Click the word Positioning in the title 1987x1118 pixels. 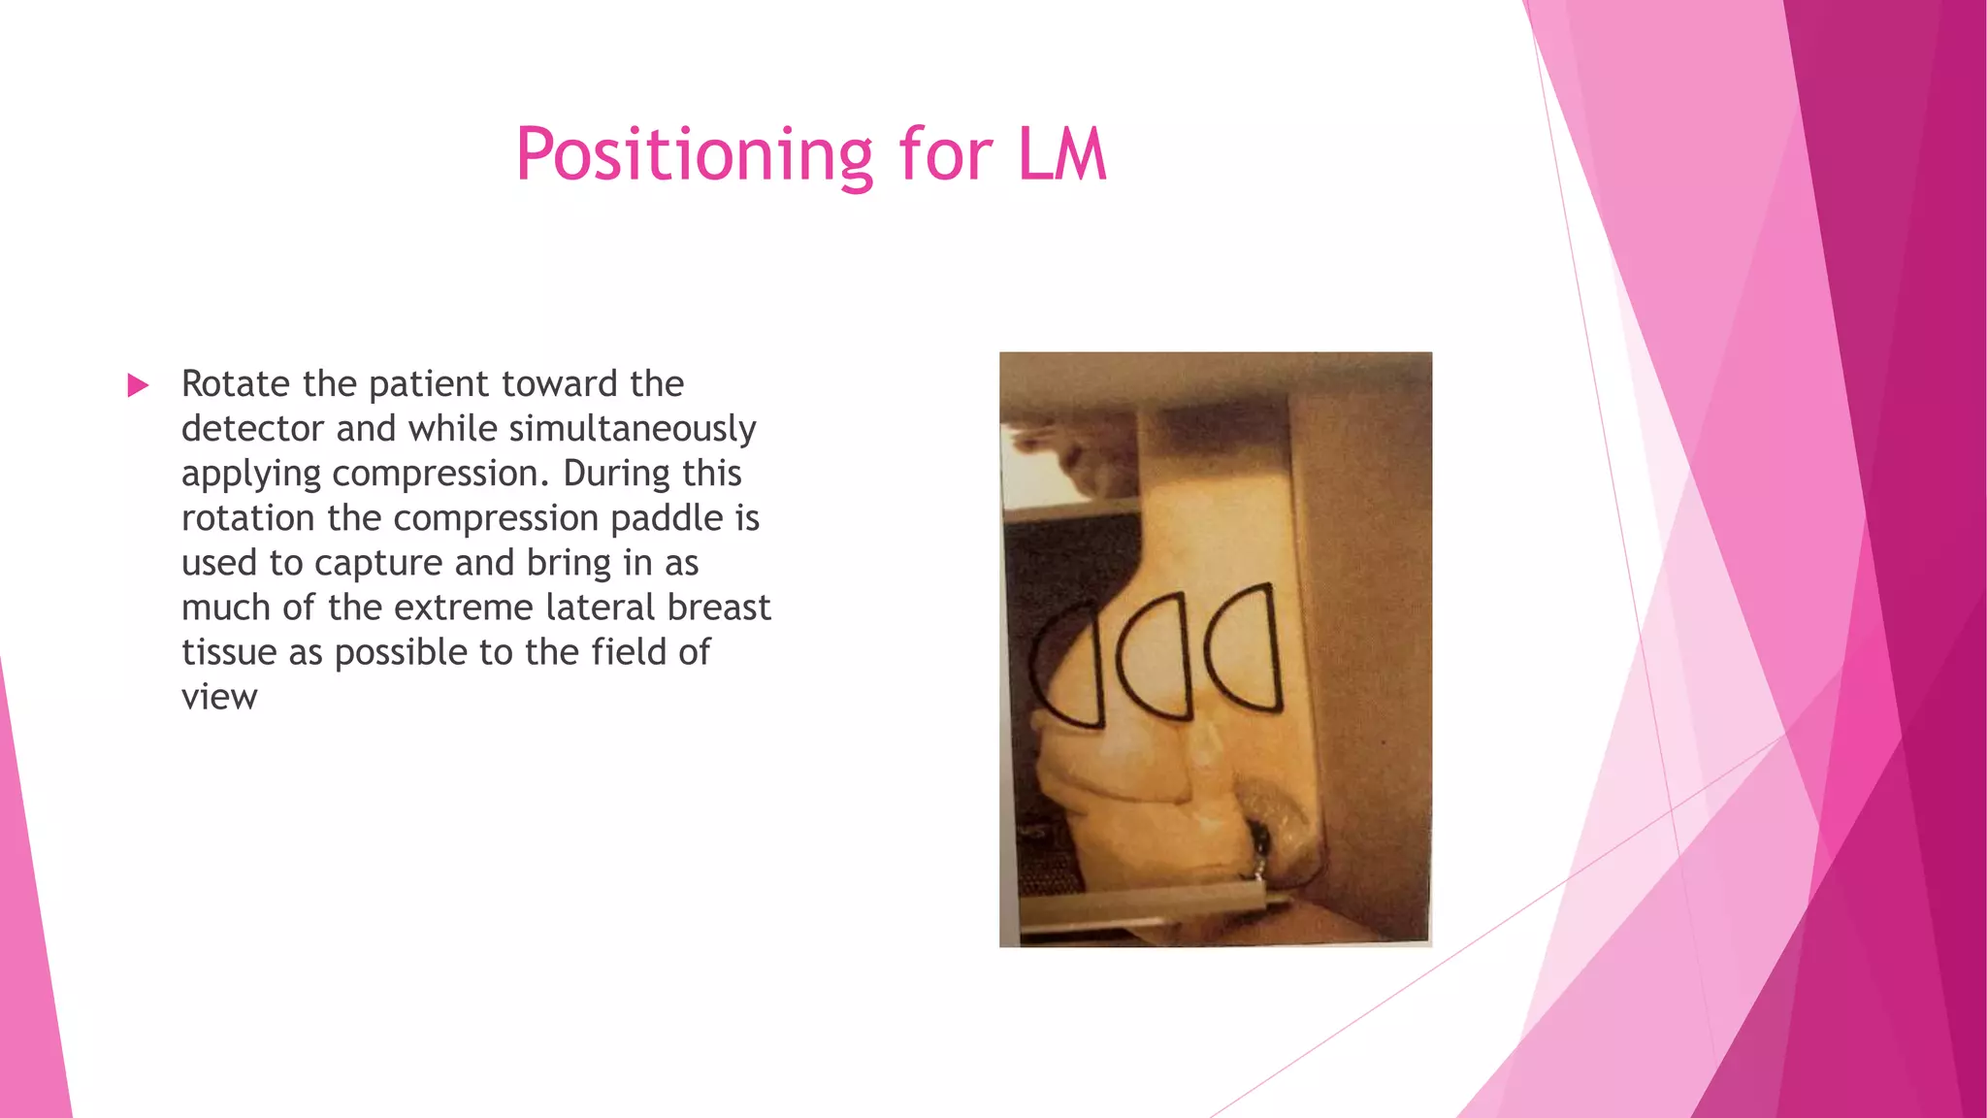pos(694,155)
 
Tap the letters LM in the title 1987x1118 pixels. pos(1061,155)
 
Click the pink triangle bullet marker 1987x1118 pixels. pos(138,385)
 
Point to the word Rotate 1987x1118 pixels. pos(236,384)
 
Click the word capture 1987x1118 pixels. pos(380,563)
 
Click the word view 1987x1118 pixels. pos(219,697)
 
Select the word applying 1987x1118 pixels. pos(251,474)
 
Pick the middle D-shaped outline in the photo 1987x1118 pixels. pos(1155,656)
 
